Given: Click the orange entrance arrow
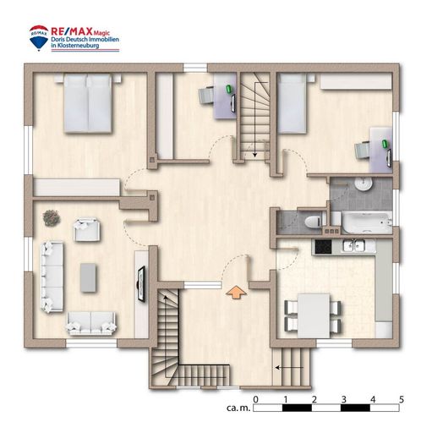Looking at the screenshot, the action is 236,293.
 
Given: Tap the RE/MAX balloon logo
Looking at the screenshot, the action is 39,38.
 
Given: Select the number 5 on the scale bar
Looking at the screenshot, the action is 402,399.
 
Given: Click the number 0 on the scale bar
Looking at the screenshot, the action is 255,399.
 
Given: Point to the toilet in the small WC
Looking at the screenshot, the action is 314,221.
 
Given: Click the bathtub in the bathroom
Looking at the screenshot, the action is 367,223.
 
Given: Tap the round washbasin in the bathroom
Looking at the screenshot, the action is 364,184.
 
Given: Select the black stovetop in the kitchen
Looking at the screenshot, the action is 323,247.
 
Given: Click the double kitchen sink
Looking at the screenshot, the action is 353,245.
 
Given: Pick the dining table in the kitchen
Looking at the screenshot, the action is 314,315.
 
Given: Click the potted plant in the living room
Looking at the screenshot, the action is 52,218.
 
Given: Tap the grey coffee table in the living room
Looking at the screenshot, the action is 88,277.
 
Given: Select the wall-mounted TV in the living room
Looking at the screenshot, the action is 141,283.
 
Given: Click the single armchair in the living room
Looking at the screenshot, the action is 87,229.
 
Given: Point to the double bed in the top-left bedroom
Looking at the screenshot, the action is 87,103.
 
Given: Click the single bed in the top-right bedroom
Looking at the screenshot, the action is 293,103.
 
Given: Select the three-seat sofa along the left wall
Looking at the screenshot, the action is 52,277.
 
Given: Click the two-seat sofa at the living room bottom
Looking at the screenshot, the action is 91,323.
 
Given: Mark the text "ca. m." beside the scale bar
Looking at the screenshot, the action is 238,408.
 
